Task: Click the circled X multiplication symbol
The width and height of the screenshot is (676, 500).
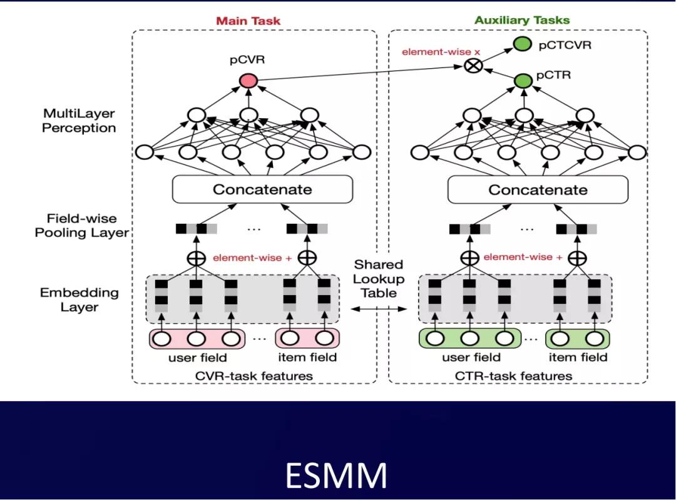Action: (474, 66)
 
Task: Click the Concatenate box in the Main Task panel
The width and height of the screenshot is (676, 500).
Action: (262, 189)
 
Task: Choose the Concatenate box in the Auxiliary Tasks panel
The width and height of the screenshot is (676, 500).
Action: (538, 189)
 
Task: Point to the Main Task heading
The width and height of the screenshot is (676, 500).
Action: (248, 21)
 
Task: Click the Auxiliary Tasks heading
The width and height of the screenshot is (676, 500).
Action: (522, 20)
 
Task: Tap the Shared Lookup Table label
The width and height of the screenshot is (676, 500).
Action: (379, 278)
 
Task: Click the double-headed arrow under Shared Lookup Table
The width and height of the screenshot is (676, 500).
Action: (379, 309)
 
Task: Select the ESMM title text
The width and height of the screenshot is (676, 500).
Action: (336, 476)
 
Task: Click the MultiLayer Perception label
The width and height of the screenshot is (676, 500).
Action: (79, 121)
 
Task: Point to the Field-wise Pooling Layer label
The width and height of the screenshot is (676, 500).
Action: (82, 226)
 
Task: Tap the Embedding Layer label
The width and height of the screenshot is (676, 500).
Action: (79, 299)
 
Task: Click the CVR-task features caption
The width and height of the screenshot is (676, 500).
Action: (253, 376)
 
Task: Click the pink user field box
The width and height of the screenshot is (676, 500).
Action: (197, 339)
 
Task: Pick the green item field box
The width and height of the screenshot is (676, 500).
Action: (578, 339)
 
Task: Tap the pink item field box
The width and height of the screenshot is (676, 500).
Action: (307, 339)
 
